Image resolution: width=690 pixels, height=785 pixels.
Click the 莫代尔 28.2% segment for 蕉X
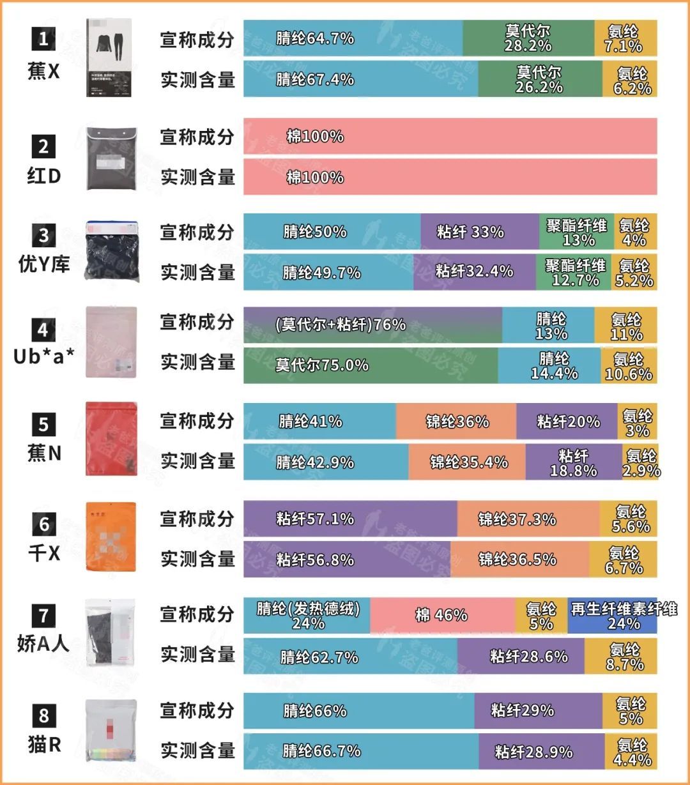coord(528,38)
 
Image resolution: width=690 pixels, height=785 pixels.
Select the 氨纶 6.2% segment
coord(630,80)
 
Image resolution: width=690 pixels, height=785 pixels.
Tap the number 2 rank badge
coord(43,146)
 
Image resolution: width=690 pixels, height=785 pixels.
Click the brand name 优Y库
coord(43,263)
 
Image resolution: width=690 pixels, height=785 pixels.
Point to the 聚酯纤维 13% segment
coord(576,232)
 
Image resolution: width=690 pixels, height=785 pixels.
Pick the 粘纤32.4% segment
coord(474,271)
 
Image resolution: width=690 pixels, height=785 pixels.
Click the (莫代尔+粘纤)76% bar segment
coord(372,324)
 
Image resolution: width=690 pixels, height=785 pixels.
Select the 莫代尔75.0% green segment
coord(371,365)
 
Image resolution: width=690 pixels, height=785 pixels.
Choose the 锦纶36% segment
coord(456,422)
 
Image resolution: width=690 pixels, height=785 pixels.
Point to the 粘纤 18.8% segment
coord(574,462)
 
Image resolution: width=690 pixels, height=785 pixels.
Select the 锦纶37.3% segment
coord(528,519)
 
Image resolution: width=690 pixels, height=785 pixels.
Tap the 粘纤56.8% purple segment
coord(346,560)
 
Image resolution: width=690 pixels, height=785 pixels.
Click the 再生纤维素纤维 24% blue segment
coord(612,616)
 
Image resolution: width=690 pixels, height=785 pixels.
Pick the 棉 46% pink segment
coord(442,616)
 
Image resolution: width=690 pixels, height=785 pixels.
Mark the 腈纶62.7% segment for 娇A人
coord(350,656)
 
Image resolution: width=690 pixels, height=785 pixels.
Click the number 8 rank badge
coord(43,715)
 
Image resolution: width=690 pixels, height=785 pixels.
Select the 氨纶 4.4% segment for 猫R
coord(631,752)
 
